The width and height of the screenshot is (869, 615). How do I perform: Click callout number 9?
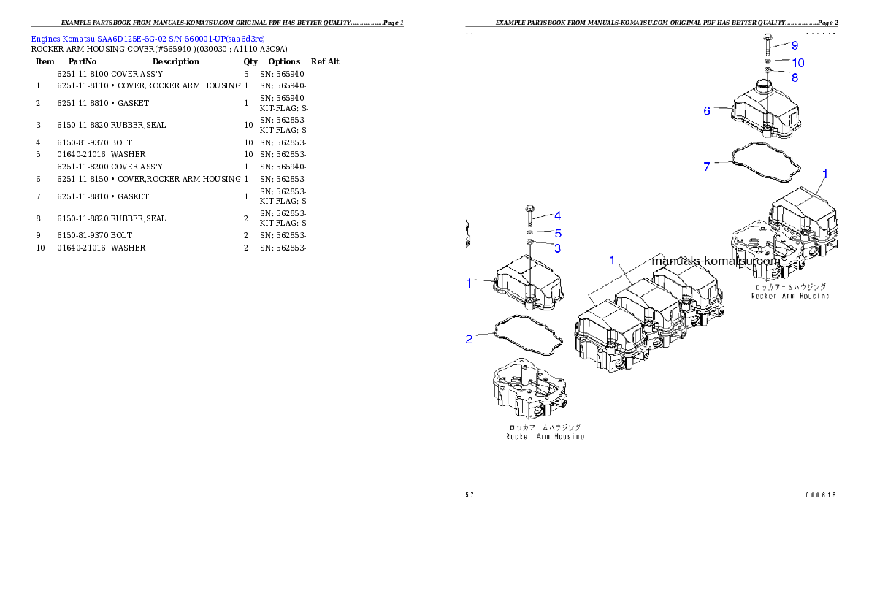click(795, 45)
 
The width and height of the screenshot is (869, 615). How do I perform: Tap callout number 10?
click(798, 63)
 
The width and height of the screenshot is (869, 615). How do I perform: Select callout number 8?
click(795, 77)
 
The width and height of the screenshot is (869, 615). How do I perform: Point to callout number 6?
click(707, 111)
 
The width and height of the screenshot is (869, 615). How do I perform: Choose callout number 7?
click(706, 167)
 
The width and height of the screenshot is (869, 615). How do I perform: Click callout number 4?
click(557, 215)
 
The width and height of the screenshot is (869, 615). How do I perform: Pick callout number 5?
click(557, 234)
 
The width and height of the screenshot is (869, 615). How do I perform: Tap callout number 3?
click(557, 248)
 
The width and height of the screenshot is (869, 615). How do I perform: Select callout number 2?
click(470, 338)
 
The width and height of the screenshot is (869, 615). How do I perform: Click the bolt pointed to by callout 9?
click(768, 45)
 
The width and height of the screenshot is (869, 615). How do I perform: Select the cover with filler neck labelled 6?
click(765, 113)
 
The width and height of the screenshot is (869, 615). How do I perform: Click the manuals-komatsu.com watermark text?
click(716, 261)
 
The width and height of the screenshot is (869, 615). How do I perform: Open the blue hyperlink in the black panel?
click(148, 38)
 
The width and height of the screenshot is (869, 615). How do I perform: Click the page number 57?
click(470, 494)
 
